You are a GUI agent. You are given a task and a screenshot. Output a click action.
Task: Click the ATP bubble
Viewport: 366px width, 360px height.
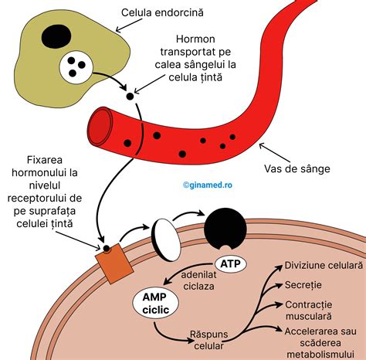pos(230,264)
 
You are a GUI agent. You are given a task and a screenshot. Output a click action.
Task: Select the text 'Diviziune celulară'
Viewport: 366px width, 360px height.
pos(323,265)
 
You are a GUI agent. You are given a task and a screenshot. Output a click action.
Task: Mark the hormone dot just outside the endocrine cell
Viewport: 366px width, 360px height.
pos(130,97)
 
